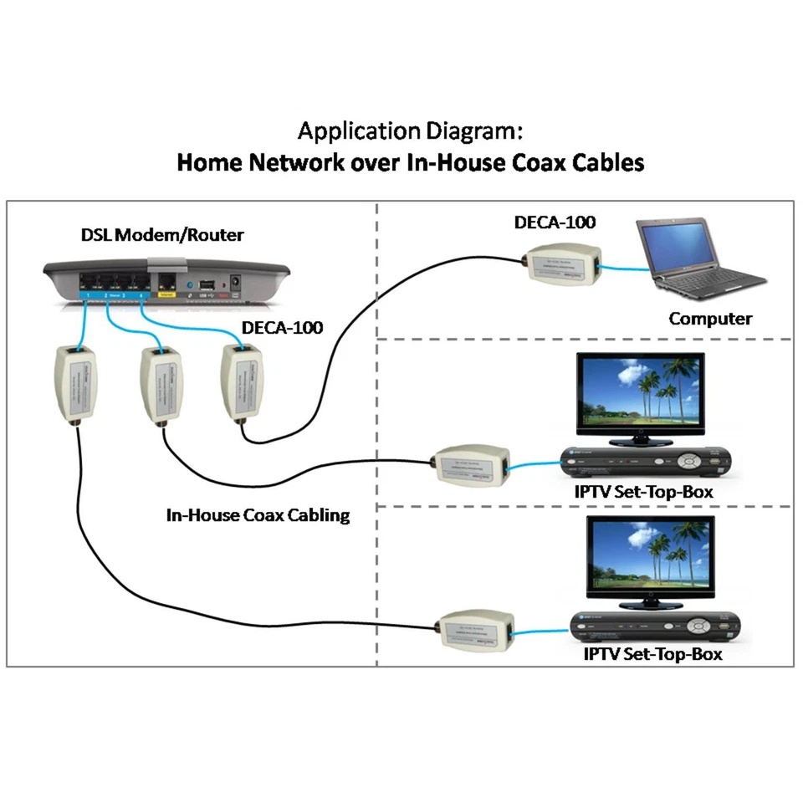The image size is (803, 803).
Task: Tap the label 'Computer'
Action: pos(709,319)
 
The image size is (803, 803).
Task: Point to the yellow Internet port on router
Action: pos(166,284)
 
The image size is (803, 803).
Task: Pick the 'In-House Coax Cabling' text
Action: pos(258,515)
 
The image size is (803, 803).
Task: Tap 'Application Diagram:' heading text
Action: pos(411,131)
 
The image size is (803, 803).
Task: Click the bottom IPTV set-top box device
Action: pos(656,626)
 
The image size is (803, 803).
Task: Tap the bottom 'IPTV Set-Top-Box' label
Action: pos(652,654)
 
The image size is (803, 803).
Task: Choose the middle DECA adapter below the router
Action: pos(159,382)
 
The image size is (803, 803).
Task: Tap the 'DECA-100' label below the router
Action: pos(282,327)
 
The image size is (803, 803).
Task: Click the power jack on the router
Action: pos(235,284)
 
